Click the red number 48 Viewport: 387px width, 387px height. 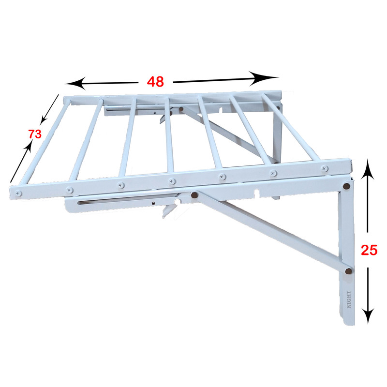pyautogui.click(x=155, y=82)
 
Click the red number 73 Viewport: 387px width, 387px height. pyautogui.click(x=35, y=134)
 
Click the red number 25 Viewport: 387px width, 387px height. pyautogui.click(x=369, y=250)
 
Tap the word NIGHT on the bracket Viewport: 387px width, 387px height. pyautogui.click(x=349, y=299)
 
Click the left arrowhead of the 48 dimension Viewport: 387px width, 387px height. pyautogui.click(x=75, y=83)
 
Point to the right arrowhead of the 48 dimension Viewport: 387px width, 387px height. pyautogui.click(x=264, y=78)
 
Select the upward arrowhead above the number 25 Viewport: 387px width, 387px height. pyautogui.click(x=368, y=169)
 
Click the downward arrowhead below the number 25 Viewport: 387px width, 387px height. pyautogui.click(x=368, y=316)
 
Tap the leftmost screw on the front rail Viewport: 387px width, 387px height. pyautogui.click(x=18, y=193)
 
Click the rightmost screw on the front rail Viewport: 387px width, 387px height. pyautogui.click(x=325, y=169)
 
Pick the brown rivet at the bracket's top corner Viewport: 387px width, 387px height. pyautogui.click(x=346, y=186)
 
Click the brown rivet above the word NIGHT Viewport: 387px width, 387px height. pyautogui.click(x=349, y=271)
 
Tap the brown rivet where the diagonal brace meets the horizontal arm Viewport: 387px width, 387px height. pyautogui.click(x=195, y=195)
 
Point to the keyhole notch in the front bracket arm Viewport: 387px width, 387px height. pyautogui.click(x=257, y=193)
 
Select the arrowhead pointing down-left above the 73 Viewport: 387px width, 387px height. pyautogui.click(x=44, y=119)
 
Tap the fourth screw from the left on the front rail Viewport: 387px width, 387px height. pyautogui.click(x=172, y=182)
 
